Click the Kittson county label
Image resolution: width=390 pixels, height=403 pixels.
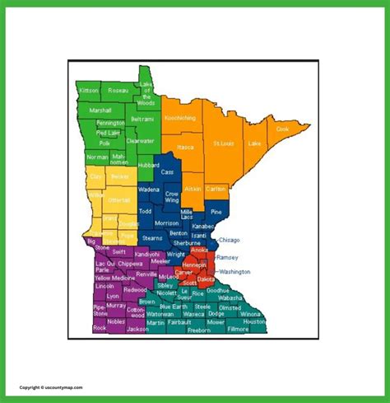tap(90, 90)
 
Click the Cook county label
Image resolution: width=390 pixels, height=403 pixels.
tap(282, 129)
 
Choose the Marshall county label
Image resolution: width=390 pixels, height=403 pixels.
tap(100, 110)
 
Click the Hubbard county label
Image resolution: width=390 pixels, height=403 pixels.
tap(149, 165)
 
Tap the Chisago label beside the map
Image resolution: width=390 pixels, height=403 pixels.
tap(229, 240)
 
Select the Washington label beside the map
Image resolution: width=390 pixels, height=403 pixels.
tap(234, 271)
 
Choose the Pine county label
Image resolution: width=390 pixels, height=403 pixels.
tap(216, 212)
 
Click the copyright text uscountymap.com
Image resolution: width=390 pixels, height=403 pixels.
tap(49, 386)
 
